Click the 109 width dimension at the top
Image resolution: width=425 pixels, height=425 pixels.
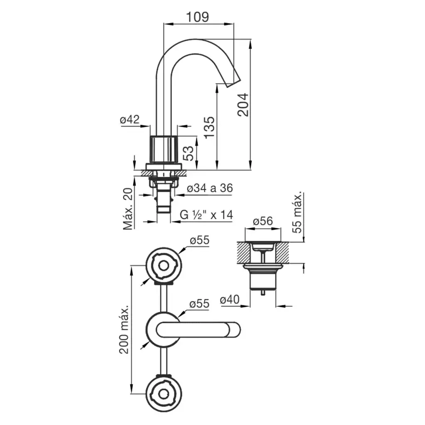197,17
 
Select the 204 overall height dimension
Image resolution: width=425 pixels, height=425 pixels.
242,105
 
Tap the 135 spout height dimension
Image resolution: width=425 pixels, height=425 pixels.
209,128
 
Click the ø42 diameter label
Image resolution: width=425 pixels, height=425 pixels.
129,119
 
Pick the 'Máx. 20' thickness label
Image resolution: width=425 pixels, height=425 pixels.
128,209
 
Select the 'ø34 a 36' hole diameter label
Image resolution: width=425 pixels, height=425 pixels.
210,188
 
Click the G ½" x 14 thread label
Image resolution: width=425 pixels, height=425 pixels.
206,215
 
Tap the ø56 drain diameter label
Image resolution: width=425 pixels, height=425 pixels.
263,221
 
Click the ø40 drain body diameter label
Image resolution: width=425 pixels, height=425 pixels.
230,300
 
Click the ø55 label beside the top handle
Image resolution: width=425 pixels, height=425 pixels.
200,240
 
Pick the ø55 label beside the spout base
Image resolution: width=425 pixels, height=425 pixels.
200,303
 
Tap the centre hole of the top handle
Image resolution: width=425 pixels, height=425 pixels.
164,266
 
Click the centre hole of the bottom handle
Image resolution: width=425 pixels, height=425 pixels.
164,393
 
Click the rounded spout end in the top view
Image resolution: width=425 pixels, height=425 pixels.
235,330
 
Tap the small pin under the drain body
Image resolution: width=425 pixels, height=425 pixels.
263,293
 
